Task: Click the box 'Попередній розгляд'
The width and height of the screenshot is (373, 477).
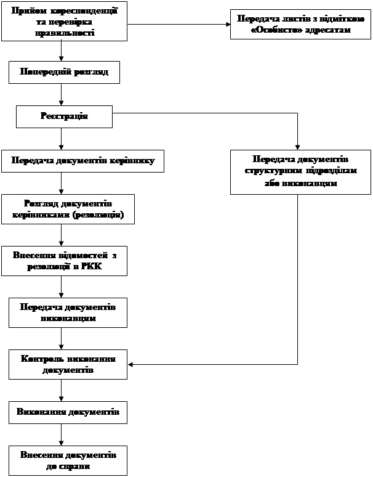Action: click(x=64, y=72)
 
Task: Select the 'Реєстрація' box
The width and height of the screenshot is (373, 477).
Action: click(x=64, y=116)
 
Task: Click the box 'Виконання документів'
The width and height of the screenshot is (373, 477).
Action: click(x=68, y=412)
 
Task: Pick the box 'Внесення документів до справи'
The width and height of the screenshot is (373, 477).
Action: click(x=68, y=460)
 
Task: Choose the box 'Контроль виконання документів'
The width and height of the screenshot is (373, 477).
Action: click(x=68, y=365)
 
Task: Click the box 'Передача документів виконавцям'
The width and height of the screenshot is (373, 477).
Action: click(x=68, y=312)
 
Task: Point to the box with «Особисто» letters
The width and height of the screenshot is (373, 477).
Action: click(x=300, y=25)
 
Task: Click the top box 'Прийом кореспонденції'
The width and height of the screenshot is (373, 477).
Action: click(x=65, y=22)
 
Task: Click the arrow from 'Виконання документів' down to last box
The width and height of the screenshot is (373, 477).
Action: click(x=61, y=435)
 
